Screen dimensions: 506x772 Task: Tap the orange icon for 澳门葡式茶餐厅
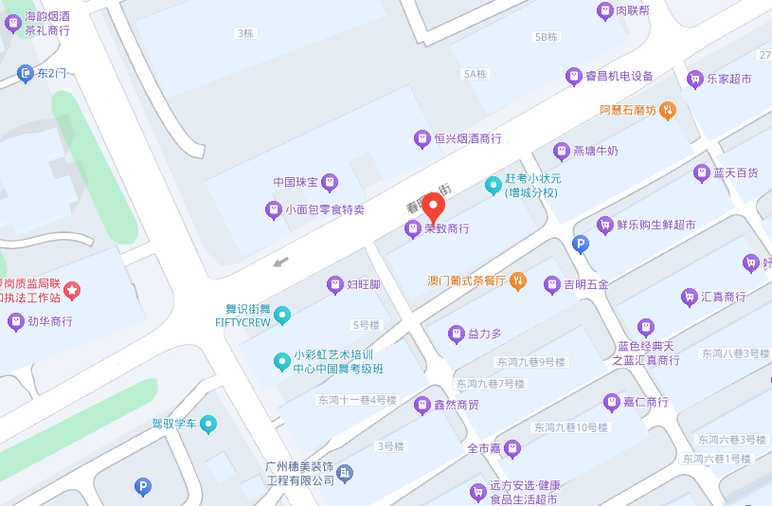517,280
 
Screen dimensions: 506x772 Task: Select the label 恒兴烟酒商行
468,139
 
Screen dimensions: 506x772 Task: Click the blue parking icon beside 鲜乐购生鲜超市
581,244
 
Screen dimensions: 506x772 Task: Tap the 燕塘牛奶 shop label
595,151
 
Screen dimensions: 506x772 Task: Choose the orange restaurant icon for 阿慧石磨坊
667,110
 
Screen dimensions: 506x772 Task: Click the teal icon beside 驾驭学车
208,423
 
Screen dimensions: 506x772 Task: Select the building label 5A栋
475,74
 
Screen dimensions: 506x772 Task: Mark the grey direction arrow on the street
280,262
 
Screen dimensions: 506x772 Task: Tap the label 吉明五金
586,284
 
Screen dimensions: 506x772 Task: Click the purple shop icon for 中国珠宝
329,181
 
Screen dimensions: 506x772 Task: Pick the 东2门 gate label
51,72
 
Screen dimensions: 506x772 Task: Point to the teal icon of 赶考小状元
493,185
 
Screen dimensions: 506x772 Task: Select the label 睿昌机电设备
619,76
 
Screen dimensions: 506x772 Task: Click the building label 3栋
244,33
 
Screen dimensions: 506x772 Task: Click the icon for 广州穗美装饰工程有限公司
346,472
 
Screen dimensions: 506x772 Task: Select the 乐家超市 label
728,80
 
